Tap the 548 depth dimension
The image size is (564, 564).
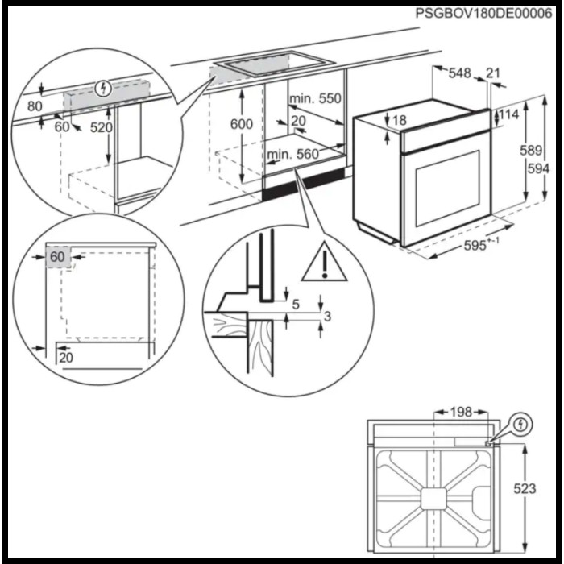459,73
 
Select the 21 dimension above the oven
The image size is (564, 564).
493,73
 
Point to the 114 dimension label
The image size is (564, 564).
508,114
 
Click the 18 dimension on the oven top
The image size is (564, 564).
399,121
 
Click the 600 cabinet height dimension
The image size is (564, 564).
240,124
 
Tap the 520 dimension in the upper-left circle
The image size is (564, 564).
101,126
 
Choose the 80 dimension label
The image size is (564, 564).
35,106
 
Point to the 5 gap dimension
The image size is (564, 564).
296,304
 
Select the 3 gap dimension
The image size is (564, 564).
326,317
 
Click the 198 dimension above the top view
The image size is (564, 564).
460,413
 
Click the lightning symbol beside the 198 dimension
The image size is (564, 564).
520,423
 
